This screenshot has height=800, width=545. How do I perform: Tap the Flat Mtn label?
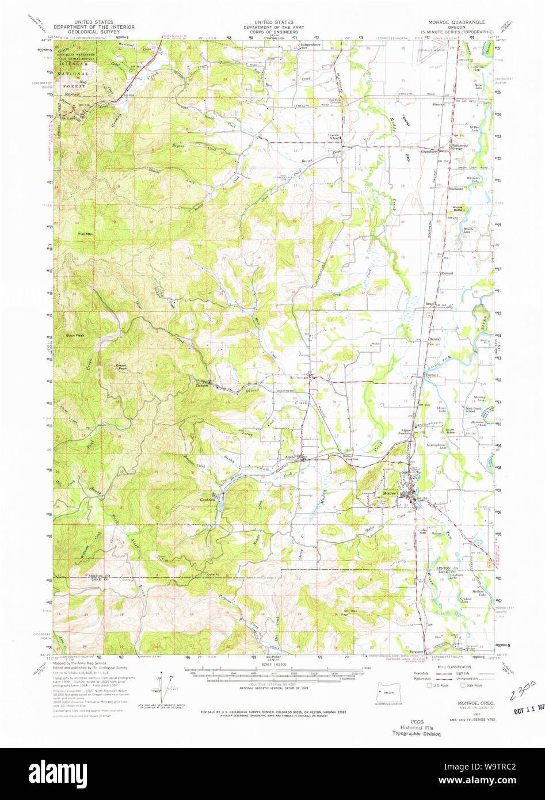pyautogui.click(x=85, y=234)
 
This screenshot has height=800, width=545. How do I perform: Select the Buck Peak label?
pyautogui.click(x=75, y=336)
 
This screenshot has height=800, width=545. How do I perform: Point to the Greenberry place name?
pyautogui.click(x=430, y=152)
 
